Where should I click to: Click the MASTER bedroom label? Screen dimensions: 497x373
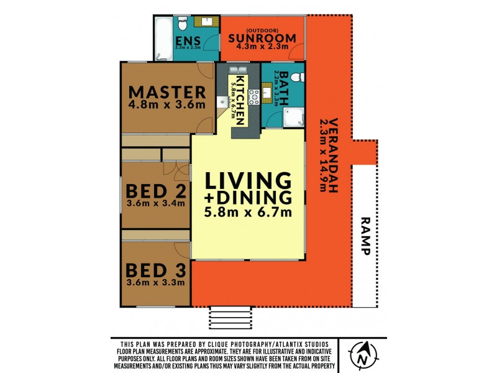[x=167, y=92]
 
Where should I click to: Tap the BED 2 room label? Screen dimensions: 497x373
[x=156, y=191]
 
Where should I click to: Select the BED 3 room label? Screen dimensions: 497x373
[x=156, y=270]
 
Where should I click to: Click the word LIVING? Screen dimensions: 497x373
[x=248, y=180]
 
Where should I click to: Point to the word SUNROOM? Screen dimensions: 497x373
[x=262, y=38]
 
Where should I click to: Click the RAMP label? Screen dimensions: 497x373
[x=365, y=236]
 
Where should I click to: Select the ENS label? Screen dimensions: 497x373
[x=188, y=40]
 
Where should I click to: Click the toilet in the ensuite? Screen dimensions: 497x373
[x=183, y=23]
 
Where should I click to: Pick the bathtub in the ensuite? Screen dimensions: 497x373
[x=164, y=38]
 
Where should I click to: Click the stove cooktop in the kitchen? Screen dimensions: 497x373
[x=253, y=97]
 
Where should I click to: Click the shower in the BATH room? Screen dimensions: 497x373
[x=293, y=117]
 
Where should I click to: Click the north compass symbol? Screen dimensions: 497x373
[x=363, y=355]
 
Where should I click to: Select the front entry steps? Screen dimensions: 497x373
[x=230, y=318]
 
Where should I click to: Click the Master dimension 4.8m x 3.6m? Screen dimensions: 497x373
[x=167, y=104]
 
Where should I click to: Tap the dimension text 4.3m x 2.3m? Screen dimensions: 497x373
[x=262, y=47]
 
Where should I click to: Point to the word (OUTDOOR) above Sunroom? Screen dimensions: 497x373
[x=262, y=30]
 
